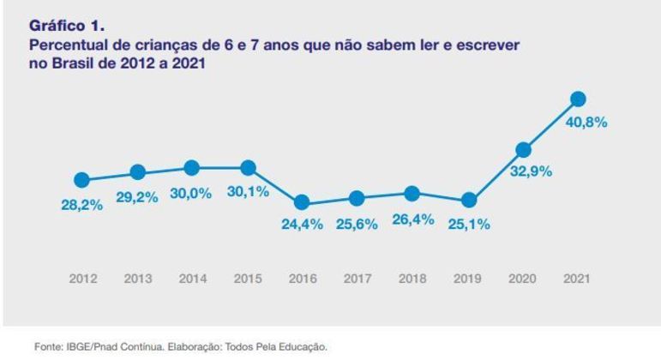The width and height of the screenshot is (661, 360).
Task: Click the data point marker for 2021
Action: pos(578,99)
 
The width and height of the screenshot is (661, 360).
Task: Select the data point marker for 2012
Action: pos(82,180)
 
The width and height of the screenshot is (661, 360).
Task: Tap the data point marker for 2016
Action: pos(302,203)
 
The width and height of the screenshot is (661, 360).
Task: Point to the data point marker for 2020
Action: pos(523,150)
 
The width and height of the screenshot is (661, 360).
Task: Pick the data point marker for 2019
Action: pos(468,201)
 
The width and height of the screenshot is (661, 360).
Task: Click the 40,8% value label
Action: pos(586,123)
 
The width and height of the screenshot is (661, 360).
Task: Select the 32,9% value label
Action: pos(532,171)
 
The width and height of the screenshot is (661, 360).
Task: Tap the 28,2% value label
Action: pos(82,205)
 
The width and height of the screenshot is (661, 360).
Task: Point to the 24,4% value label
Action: pos(302,226)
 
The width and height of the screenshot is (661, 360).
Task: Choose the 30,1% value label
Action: pos(248,192)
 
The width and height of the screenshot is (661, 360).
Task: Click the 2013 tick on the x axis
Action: pos(137,279)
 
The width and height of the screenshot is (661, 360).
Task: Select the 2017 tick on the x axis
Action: pos(358,279)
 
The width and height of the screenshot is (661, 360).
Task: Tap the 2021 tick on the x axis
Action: pos(577,279)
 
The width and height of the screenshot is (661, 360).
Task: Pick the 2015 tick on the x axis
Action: pos(247,279)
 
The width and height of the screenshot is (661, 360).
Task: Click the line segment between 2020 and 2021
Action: pos(550,125)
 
